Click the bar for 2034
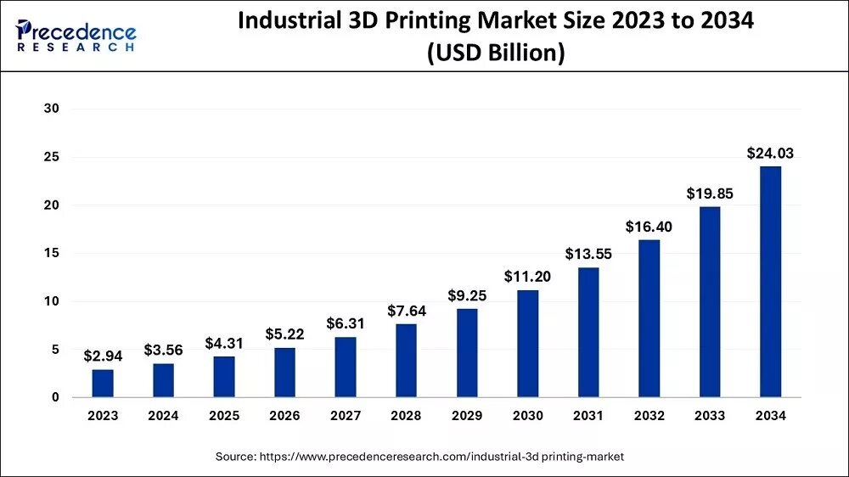tap(770, 282)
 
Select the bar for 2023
tap(103, 383)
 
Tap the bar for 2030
tap(527, 344)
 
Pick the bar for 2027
tap(346, 367)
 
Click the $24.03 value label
tap(770, 154)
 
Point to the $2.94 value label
tap(103, 356)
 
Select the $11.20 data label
tap(527, 277)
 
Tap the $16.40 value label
tap(649, 227)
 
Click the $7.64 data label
tap(406, 311)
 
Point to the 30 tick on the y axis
tap(53, 109)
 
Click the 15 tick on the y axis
tap(53, 253)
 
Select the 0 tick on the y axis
tap(56, 397)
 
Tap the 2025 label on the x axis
tap(224, 416)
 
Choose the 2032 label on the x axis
tap(649, 416)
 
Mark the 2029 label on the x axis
tap(467, 416)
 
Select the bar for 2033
tap(710, 302)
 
